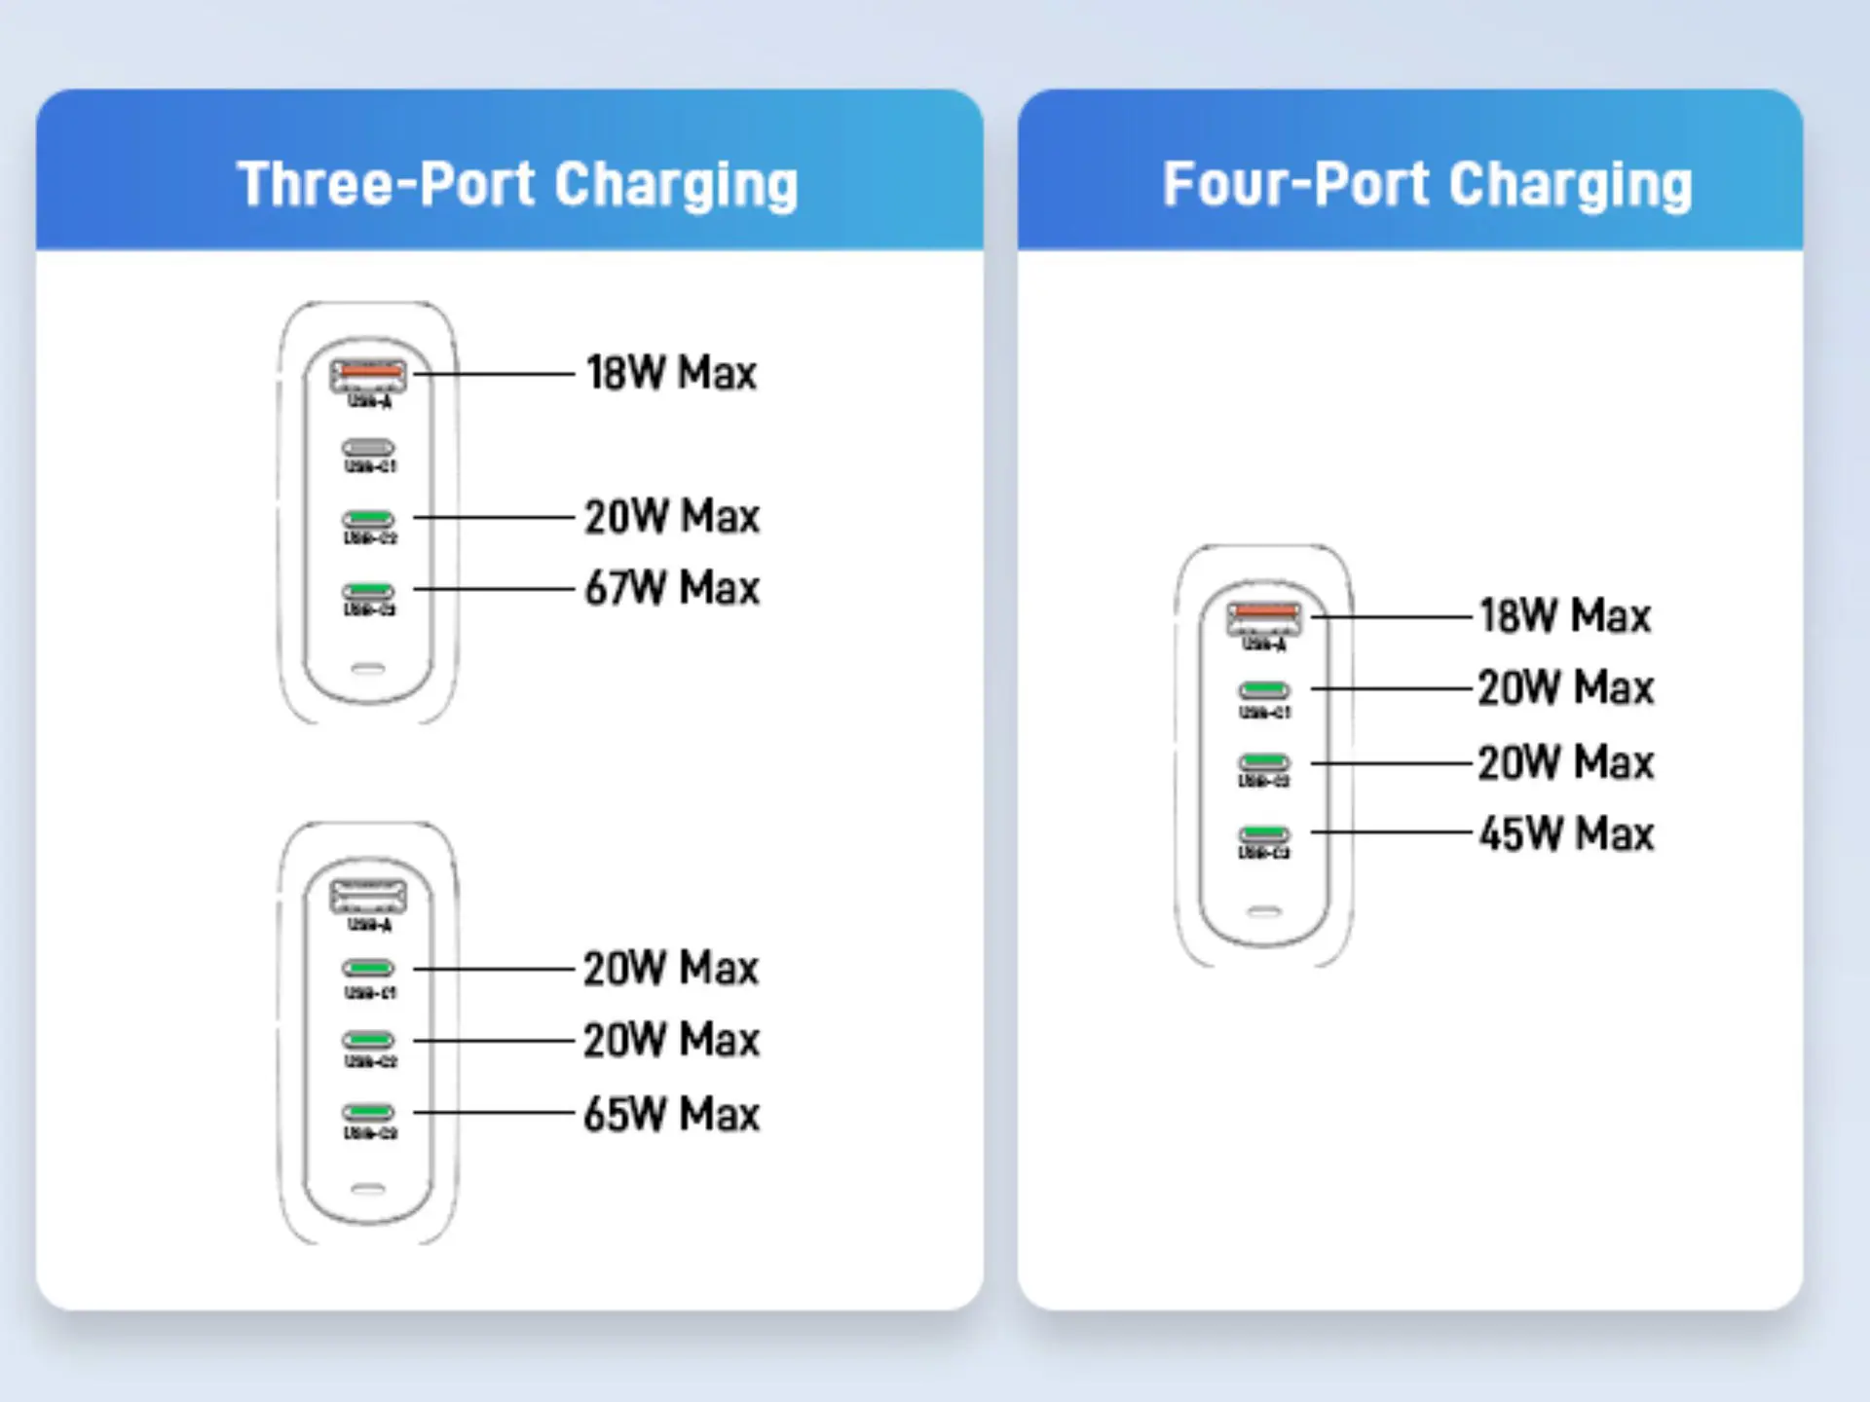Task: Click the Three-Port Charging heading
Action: click(517, 185)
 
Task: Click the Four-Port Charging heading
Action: click(1427, 185)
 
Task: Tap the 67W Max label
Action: click(672, 588)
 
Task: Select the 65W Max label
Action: click(672, 1114)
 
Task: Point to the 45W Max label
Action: click(1566, 834)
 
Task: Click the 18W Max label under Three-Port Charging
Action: click(672, 373)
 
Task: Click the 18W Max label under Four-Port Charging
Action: click(1566, 616)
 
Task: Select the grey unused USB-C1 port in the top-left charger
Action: click(368, 448)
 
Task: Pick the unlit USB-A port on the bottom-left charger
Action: click(368, 895)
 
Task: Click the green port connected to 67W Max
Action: click(368, 590)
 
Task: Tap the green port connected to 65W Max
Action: click(368, 1112)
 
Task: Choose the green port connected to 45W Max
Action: click(1264, 833)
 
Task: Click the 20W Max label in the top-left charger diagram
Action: click(672, 517)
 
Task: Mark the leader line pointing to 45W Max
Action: click(1391, 832)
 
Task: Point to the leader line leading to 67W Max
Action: click(494, 589)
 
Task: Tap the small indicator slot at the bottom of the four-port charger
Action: click(1264, 912)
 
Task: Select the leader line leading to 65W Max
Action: click(494, 1112)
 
